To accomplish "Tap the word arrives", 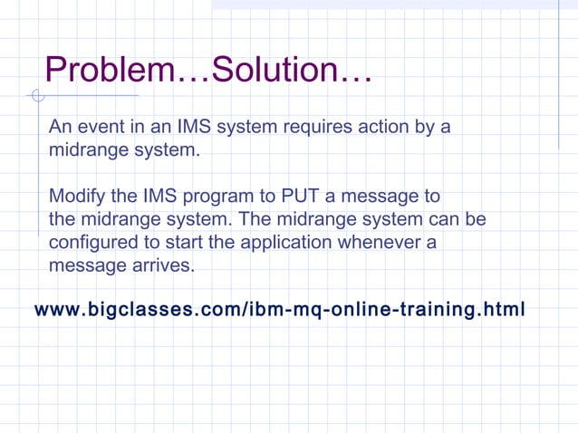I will [162, 267].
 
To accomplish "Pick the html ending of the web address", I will [506, 310].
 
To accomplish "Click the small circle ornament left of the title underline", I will [36, 96].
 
